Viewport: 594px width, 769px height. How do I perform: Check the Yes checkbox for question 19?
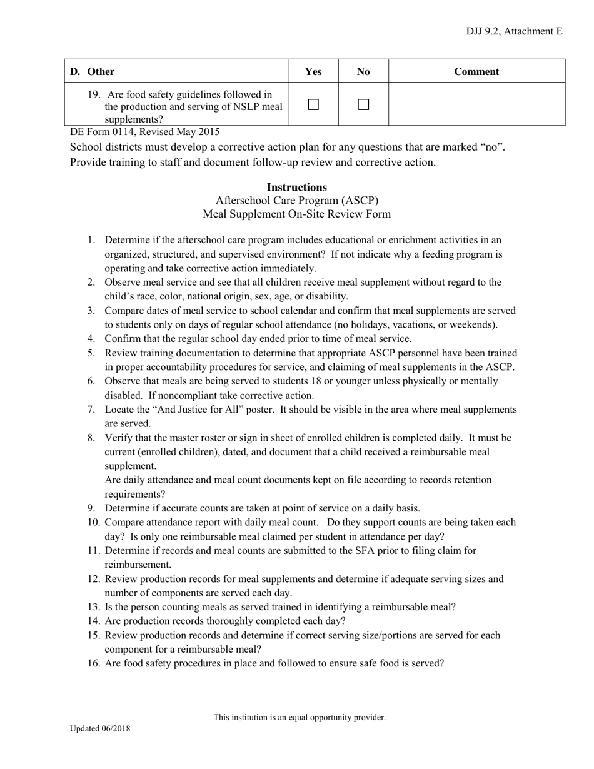click(313, 105)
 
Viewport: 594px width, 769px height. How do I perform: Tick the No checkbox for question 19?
click(363, 105)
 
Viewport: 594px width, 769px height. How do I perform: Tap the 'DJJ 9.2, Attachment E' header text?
click(514, 31)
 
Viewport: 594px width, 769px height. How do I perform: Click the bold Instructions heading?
click(297, 187)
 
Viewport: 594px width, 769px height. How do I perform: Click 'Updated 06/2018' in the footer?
click(100, 728)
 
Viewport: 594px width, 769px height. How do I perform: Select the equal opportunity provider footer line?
click(300, 717)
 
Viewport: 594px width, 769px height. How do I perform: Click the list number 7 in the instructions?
click(91, 410)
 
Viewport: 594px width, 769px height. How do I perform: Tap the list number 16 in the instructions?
click(94, 663)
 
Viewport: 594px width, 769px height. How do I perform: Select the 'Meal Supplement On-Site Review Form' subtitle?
click(297, 214)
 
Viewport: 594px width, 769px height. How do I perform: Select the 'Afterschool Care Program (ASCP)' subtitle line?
click(297, 201)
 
